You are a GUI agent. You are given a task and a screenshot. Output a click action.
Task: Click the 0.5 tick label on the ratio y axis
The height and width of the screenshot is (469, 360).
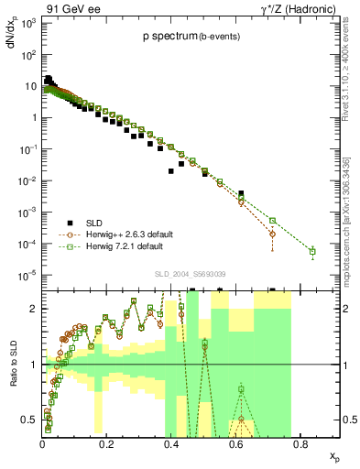point(31,420)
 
